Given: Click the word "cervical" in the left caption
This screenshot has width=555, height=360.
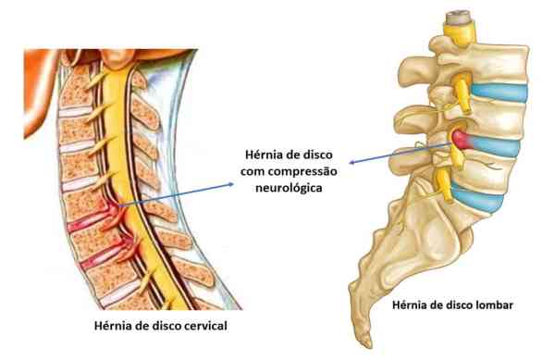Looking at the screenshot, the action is (x=204, y=326).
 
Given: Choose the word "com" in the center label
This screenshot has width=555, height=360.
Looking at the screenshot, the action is (x=253, y=170).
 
